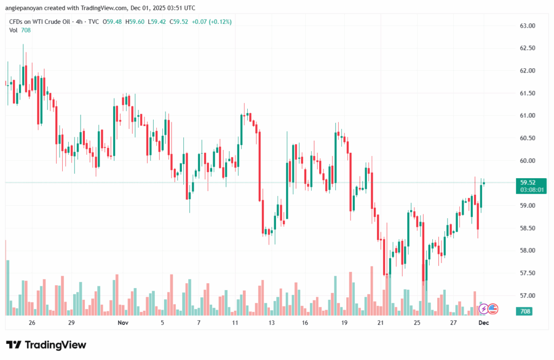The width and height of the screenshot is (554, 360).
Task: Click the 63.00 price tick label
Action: (527, 26)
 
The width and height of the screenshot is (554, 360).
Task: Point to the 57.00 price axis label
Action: (527, 296)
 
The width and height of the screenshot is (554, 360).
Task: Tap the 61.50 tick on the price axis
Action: (527, 93)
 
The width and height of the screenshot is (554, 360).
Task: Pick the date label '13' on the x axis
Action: (271, 323)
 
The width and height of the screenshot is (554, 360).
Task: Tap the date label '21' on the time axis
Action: (381, 323)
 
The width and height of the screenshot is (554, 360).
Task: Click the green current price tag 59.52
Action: (528, 182)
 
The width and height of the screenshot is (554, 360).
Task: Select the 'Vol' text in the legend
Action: (14, 30)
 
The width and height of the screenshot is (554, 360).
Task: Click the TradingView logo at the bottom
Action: (46, 345)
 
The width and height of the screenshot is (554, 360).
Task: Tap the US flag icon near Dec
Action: (493, 309)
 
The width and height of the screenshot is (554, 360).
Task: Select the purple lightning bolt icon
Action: (483, 309)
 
